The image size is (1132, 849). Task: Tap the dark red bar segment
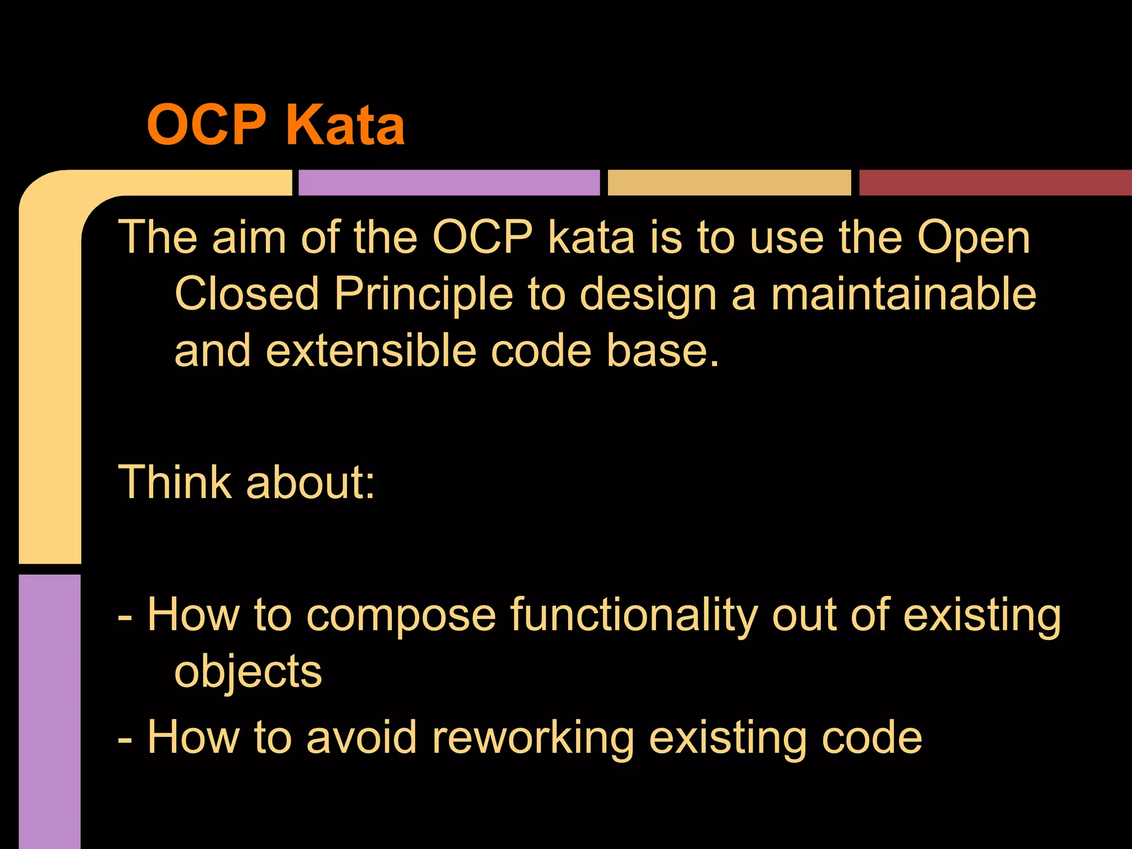point(995,182)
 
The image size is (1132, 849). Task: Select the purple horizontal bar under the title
point(449,182)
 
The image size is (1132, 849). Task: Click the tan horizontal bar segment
point(729,182)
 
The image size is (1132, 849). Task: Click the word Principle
point(423,294)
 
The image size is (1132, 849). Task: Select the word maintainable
point(903,294)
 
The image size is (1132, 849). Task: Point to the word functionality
point(633,615)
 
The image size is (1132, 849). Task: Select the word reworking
point(533,737)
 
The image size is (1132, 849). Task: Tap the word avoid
point(361,737)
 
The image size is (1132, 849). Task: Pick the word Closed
point(247,294)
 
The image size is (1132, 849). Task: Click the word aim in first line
point(249,238)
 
